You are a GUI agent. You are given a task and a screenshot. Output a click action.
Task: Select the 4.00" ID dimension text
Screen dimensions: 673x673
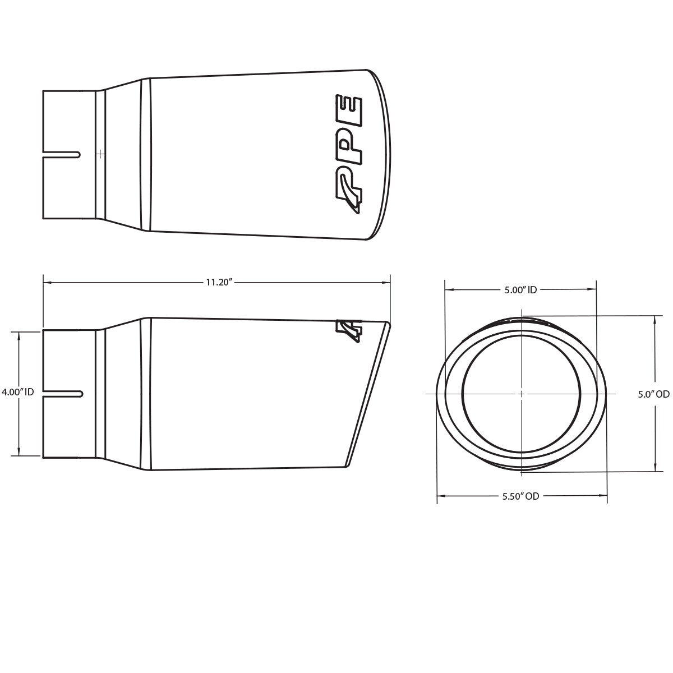18,392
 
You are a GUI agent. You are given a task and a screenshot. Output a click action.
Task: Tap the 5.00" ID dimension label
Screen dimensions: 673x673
520,290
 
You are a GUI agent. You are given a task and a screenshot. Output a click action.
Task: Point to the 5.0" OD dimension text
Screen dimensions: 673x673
653,394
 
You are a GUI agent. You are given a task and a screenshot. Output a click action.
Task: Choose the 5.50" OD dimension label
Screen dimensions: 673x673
520,496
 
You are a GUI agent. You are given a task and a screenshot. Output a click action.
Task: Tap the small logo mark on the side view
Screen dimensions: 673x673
348,331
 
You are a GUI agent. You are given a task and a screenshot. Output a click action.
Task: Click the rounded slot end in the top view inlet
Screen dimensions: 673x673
79,153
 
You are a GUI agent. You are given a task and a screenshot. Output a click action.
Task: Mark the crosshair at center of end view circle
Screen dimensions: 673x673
521,394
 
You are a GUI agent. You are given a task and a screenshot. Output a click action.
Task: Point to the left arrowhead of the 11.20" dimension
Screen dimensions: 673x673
46,283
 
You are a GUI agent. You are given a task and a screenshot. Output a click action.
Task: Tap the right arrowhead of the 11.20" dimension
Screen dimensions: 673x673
388,283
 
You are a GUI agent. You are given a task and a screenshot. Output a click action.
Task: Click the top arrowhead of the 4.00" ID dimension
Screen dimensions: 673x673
20,333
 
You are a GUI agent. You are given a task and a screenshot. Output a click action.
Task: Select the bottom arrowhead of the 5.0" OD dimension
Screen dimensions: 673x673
654,469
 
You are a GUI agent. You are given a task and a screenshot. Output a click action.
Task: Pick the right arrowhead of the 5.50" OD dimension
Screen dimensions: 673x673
605,496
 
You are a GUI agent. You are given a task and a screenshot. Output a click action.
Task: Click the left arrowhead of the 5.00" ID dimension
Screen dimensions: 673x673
448,290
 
